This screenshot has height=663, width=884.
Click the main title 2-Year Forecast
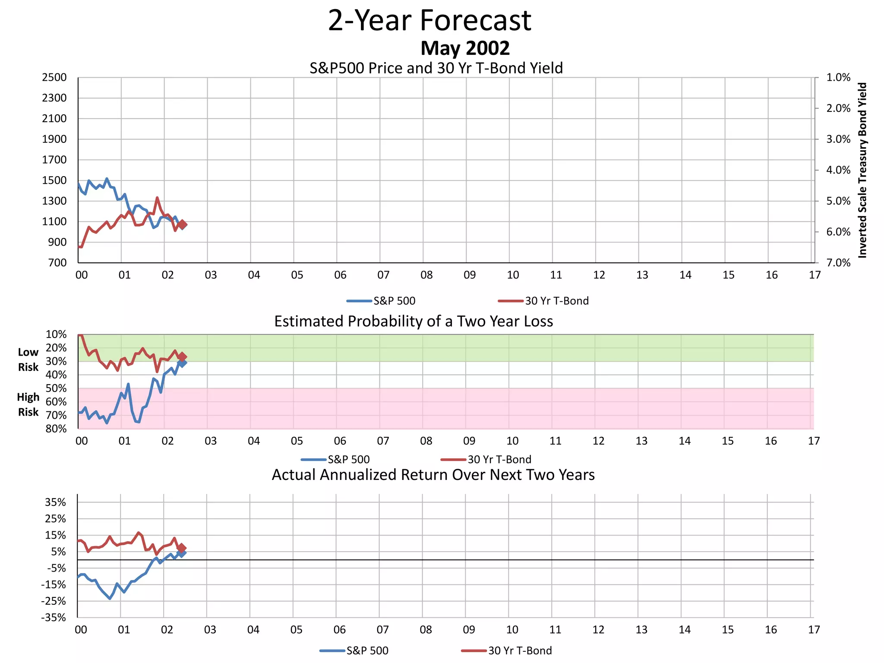tap(429, 20)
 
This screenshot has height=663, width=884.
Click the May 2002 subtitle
tap(465, 48)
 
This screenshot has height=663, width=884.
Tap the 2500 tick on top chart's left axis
tap(54, 78)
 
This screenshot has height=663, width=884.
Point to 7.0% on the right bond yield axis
tap(838, 263)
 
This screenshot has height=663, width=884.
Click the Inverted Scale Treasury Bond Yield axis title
tap(862, 170)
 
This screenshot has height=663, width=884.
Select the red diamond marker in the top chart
tap(183, 224)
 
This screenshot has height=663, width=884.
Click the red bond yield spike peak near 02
tap(157, 198)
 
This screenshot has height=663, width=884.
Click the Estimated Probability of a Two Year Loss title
tap(414, 322)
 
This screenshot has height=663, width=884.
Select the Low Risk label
tap(28, 360)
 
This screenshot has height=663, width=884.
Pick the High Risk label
tap(28, 404)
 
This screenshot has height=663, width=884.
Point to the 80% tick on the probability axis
tap(56, 429)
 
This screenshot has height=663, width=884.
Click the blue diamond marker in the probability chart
tap(183, 363)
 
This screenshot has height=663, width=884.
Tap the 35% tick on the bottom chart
tap(56, 502)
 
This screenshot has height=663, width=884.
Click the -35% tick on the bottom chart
tap(54, 618)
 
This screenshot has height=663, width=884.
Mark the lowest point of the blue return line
tap(110, 598)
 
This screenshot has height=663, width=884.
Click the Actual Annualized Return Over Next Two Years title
tap(433, 475)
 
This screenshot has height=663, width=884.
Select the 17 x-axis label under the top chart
tap(815, 275)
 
